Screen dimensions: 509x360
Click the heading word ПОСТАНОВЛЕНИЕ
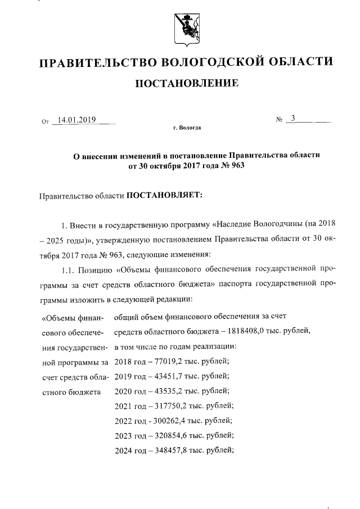pos(186,84)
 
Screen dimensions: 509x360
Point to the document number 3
pos(292,119)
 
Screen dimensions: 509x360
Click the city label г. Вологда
pos(187,129)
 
